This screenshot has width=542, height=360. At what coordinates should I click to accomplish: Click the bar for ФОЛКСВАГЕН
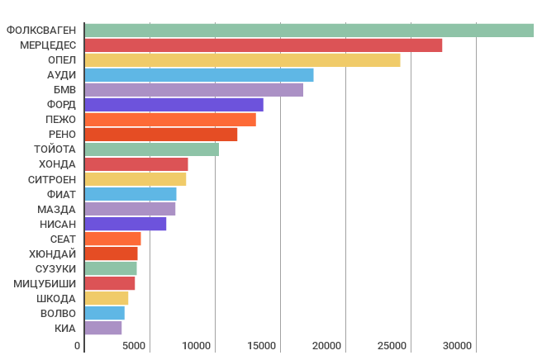click(309, 31)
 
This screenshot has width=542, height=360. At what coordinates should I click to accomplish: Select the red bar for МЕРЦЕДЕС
click(264, 45)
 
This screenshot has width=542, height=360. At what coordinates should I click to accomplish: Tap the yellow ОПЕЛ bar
click(242, 60)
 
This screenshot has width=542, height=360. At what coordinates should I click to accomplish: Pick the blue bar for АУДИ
click(199, 75)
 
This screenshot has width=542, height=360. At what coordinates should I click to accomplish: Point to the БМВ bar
click(194, 90)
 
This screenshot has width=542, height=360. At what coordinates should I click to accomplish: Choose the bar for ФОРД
click(174, 105)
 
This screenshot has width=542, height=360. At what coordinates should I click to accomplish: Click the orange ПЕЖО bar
click(170, 120)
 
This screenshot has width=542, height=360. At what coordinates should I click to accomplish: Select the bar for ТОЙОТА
click(152, 149)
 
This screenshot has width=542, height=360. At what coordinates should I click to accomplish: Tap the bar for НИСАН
click(126, 224)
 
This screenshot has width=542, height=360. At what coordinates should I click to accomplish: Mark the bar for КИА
click(103, 328)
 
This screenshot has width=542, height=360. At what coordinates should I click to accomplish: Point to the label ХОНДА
click(58, 164)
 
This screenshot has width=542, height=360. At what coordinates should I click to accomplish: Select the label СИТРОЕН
click(52, 179)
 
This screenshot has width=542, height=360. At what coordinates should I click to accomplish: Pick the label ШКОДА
click(57, 298)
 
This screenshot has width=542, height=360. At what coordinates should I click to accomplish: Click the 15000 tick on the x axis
click(263, 346)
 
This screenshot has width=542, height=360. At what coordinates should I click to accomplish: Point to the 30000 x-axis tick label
click(459, 346)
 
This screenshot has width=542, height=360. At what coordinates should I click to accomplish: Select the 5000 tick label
click(135, 346)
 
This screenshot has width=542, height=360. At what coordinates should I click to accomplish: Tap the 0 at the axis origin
click(77, 346)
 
